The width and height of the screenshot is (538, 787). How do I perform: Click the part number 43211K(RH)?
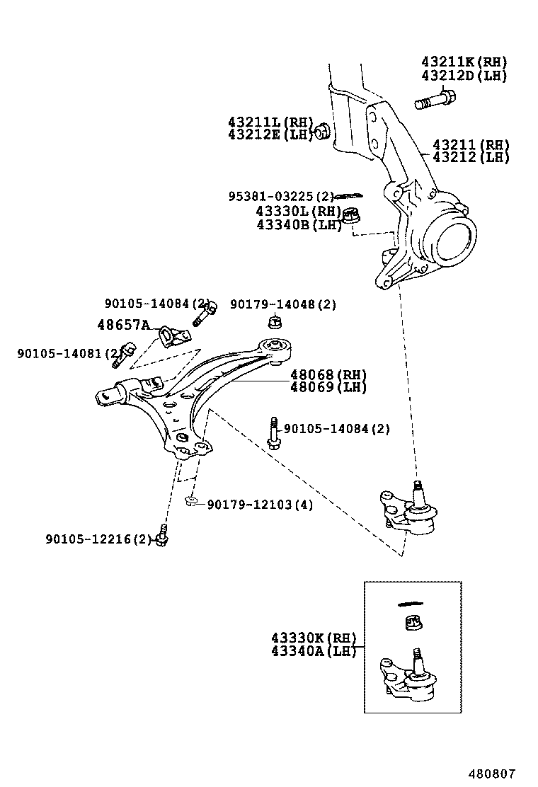[464, 62]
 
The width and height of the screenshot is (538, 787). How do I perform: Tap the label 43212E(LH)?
[270, 134]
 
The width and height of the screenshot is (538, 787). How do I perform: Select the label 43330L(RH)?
[298, 211]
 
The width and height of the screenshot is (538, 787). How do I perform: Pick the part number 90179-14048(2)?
[283, 305]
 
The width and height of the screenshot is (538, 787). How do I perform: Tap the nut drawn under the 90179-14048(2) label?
[275, 323]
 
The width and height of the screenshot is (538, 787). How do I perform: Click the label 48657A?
[123, 326]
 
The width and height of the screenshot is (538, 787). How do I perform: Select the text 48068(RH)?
[328, 374]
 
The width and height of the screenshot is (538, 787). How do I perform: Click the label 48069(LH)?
[328, 387]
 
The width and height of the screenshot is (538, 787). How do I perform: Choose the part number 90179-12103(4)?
[260, 505]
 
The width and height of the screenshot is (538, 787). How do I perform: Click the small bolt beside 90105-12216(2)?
[162, 537]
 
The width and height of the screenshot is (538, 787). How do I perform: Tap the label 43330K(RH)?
[312, 637]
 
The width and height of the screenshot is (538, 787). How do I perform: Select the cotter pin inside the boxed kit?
[410, 604]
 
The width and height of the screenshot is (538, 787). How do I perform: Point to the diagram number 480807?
[491, 774]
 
